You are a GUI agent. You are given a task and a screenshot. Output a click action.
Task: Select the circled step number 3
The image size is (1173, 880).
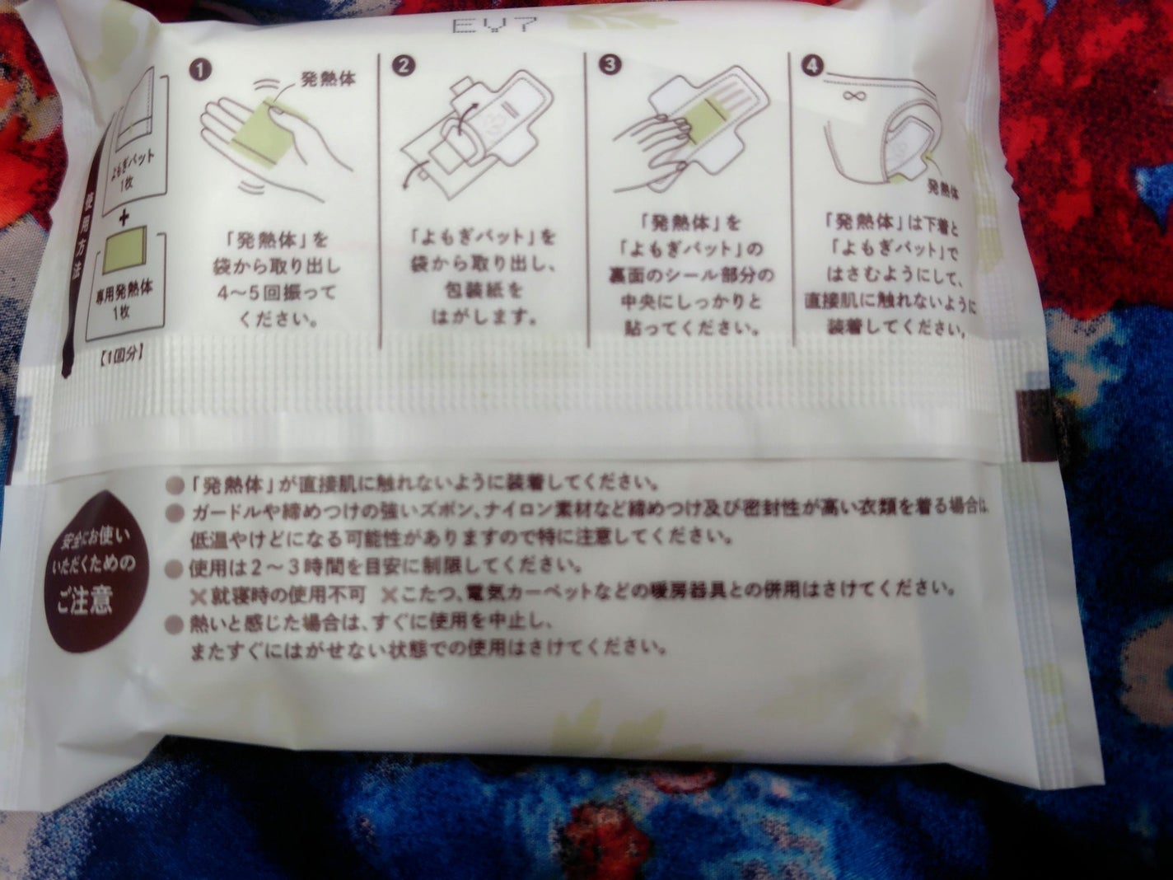(607, 67)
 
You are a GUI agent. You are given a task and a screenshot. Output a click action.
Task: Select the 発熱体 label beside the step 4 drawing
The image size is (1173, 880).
(946, 187)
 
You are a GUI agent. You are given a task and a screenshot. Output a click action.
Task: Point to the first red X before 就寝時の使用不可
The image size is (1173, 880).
(198, 591)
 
